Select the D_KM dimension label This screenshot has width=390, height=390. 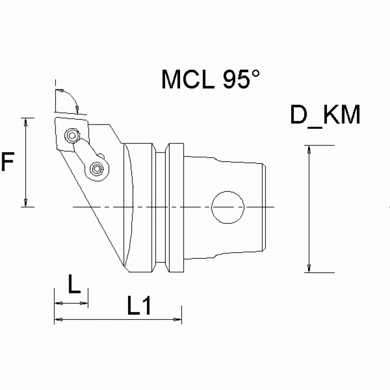tap(325, 116)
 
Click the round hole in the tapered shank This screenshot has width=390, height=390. tap(228, 207)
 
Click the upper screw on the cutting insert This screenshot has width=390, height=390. tap(72, 135)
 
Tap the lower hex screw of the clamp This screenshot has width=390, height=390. tap(97, 168)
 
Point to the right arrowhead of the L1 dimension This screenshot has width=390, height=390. tap(177, 319)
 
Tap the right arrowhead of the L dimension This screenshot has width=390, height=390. tap(84, 304)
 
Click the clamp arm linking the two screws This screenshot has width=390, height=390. tap(84, 152)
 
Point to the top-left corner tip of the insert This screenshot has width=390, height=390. tap(54, 118)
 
